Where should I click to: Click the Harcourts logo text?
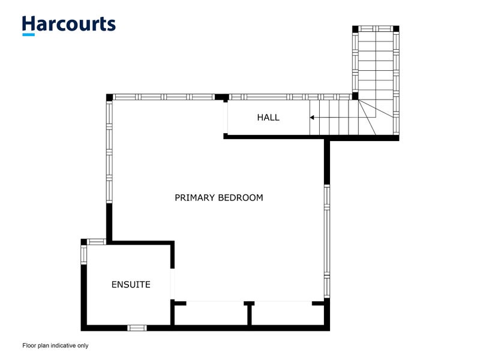tap(68, 24)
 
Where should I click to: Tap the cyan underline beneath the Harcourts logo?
tap(28, 35)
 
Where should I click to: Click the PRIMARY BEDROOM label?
tap(218, 197)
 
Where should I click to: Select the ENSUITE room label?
tap(131, 284)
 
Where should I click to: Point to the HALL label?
tap(268, 118)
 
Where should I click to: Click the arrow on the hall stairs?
tap(313, 118)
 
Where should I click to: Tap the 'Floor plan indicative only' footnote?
tap(55, 346)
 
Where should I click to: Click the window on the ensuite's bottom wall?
tap(137, 328)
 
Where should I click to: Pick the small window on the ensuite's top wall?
tap(97, 242)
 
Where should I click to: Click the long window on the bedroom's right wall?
tap(327, 240)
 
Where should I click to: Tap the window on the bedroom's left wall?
tap(109, 150)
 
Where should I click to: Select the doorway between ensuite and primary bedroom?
tap(173, 284)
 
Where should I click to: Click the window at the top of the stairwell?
tap(376, 29)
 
